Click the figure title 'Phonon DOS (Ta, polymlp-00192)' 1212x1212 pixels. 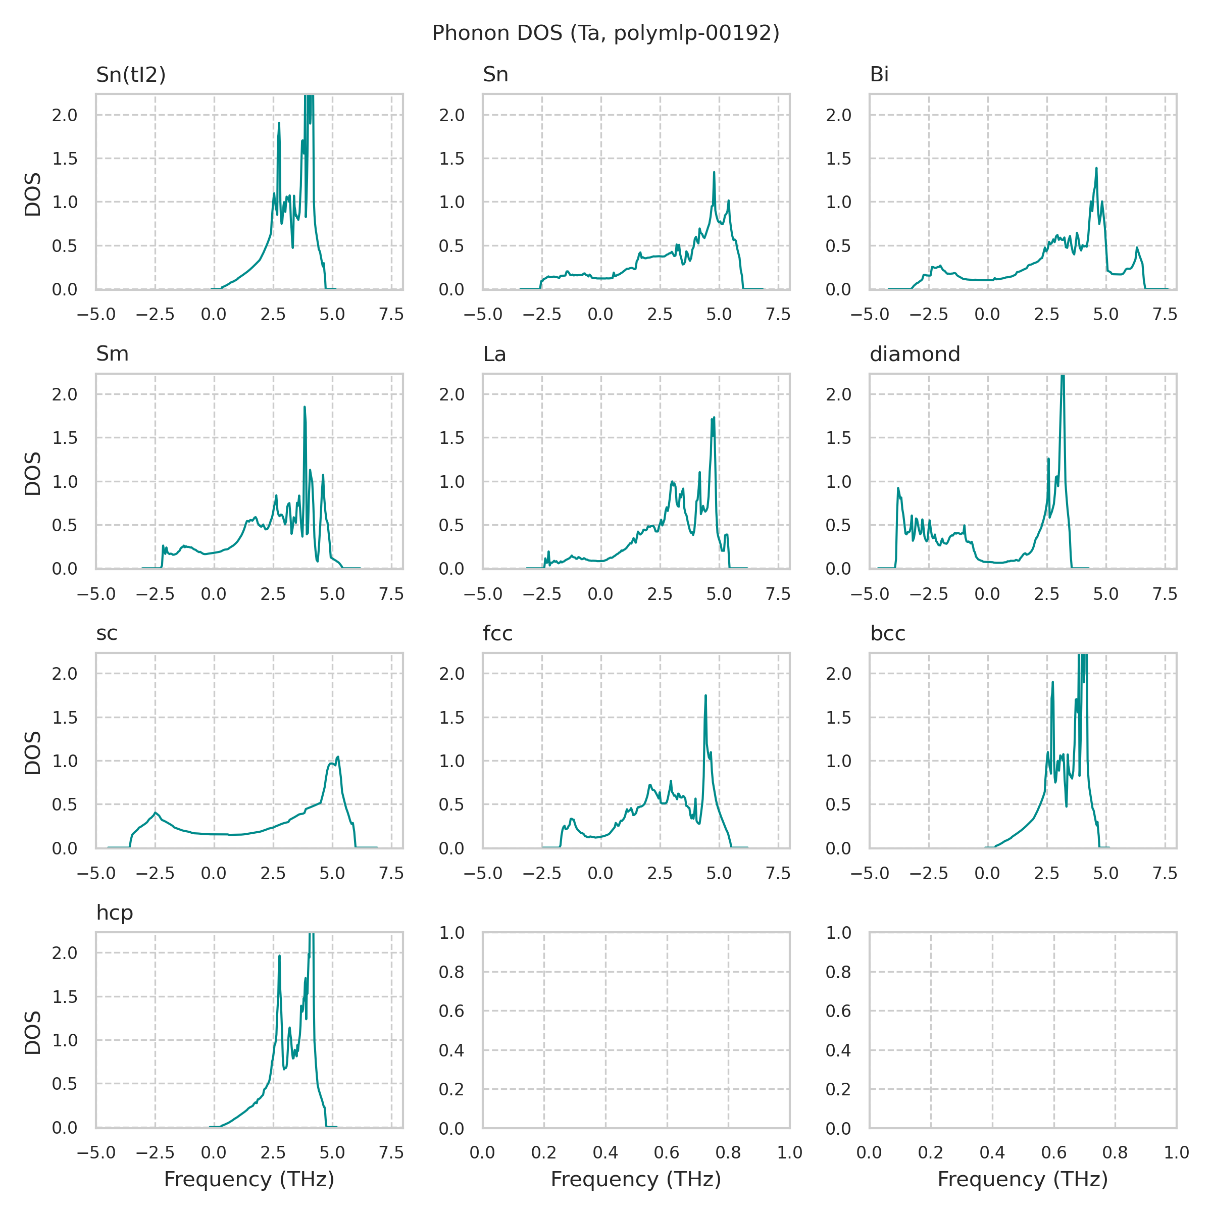[x=605, y=33]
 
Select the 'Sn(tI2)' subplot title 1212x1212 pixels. [x=130, y=75]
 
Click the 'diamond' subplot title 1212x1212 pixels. [x=915, y=355]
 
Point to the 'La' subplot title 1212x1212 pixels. [x=494, y=355]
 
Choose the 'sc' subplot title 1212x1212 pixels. [x=107, y=634]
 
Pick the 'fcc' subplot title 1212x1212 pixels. [x=497, y=634]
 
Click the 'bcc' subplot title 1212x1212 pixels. [x=888, y=634]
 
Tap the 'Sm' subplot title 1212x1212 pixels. [x=112, y=355]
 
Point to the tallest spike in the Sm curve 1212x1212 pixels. [x=305, y=407]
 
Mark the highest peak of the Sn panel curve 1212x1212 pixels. [x=714, y=173]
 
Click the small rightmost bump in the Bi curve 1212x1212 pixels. [x=1137, y=248]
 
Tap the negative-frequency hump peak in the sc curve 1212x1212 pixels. [x=155, y=813]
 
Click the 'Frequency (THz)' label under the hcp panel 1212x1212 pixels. [x=249, y=1180]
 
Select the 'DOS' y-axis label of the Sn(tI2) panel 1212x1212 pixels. [x=33, y=194]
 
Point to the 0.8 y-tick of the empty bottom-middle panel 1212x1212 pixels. [x=451, y=972]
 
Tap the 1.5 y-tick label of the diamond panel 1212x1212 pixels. [x=838, y=438]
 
